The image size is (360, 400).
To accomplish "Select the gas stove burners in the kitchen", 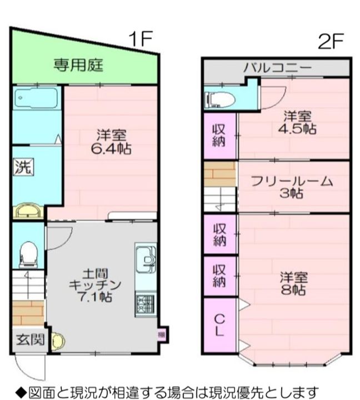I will pos(146,304).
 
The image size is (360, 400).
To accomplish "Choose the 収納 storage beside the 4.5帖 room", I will pos(219,134).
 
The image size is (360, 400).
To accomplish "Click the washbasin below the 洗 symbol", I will pos(27,211).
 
